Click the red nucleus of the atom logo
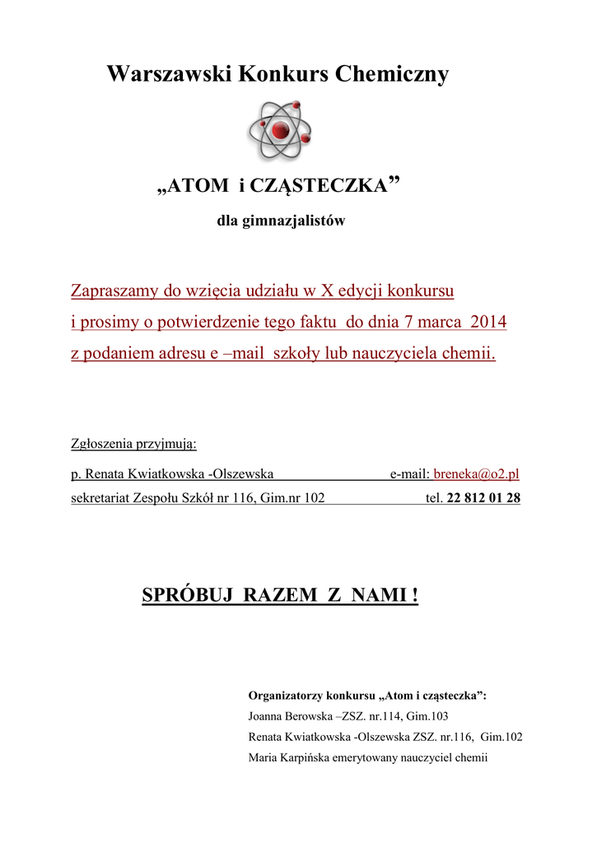[280, 131]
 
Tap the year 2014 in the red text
[488, 323]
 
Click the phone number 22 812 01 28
[483, 498]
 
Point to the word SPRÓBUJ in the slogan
[190, 595]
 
